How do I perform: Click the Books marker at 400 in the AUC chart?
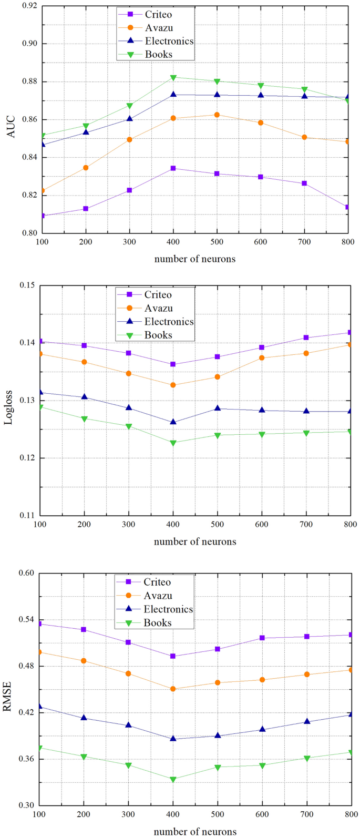click(173, 78)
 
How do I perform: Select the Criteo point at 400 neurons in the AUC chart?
click(173, 168)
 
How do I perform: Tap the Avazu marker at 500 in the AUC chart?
click(217, 115)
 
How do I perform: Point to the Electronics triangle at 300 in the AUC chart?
click(129, 119)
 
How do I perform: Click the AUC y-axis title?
click(11, 127)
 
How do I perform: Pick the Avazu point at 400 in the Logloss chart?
click(173, 385)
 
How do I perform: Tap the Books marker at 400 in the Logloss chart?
click(173, 443)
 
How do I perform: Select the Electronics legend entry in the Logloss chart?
click(169, 322)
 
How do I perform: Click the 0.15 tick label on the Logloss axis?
click(29, 285)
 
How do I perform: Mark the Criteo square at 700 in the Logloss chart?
click(306, 338)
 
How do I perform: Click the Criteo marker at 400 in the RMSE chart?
click(173, 656)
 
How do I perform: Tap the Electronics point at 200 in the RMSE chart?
click(84, 718)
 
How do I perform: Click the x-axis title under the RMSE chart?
click(195, 832)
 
